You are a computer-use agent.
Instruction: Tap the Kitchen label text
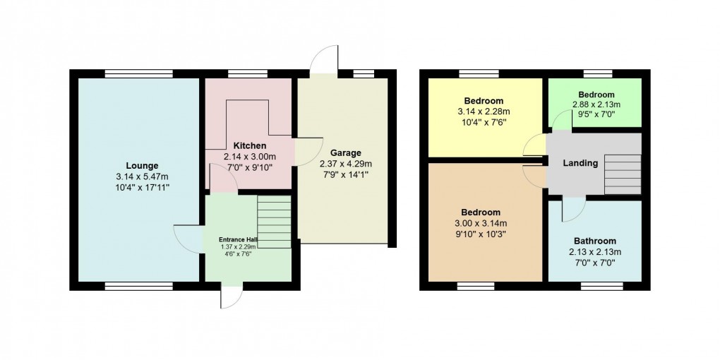249,145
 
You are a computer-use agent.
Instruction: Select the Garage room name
345,152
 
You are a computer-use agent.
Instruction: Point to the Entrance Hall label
237,240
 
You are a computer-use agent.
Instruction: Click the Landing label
580,163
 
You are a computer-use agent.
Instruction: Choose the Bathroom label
594,240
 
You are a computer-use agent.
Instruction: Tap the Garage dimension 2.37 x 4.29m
345,164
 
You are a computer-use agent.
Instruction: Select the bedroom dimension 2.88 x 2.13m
596,105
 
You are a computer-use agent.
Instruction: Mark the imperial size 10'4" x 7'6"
483,121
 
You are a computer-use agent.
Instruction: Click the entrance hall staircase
274,222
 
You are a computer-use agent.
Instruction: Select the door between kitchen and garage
305,150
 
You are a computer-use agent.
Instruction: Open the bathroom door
573,208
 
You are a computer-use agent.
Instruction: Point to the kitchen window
248,73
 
